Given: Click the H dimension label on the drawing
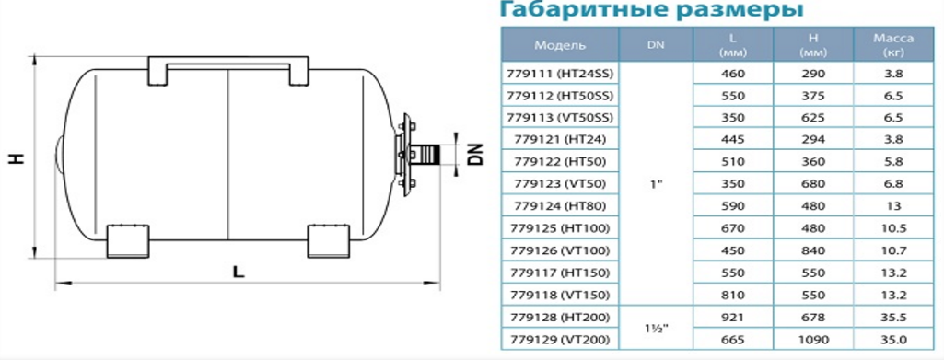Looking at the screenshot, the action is click(x=17, y=157).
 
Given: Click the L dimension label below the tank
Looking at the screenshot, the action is click(x=239, y=273).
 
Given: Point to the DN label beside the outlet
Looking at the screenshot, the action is click(x=475, y=154).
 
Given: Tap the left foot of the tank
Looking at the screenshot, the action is click(x=128, y=241).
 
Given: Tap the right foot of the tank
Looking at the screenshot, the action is click(x=329, y=241).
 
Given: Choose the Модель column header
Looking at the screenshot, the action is click(x=560, y=45).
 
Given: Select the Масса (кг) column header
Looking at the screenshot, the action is click(x=893, y=45).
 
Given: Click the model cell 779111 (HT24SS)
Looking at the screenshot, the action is click(x=560, y=74).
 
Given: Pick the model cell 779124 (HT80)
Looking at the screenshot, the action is click(x=560, y=206).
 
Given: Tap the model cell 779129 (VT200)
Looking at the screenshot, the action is click(x=560, y=340).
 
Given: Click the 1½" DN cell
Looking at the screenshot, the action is click(x=657, y=329).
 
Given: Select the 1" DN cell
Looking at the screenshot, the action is click(x=657, y=183).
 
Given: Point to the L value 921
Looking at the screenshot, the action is click(x=733, y=318).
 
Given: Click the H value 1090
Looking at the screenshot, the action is click(x=812, y=340).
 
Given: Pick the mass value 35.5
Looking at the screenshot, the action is click(x=893, y=318).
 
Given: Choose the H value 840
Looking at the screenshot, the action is click(x=812, y=250).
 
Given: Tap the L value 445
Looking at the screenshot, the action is click(x=733, y=140).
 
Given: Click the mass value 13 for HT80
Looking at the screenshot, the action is click(x=893, y=206).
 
